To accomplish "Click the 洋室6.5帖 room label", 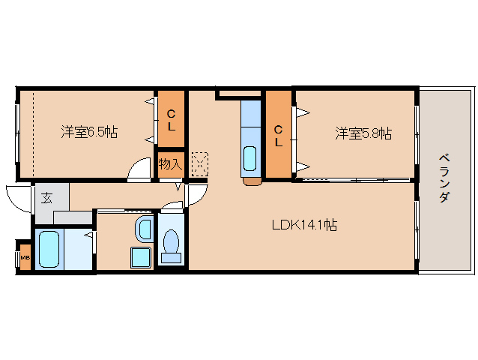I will pyautogui.click(x=88, y=133).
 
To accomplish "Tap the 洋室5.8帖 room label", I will pyautogui.click(x=363, y=133).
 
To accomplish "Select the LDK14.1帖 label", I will pyautogui.click(x=303, y=224).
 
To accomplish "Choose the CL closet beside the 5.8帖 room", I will pyautogui.click(x=278, y=135).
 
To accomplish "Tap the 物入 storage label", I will pyautogui.click(x=170, y=164).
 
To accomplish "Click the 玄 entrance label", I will pyautogui.click(x=46, y=198).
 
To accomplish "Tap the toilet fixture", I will pyautogui.click(x=171, y=244).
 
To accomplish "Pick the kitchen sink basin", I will pyautogui.click(x=250, y=159).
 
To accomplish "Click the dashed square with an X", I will pyautogui.click(x=200, y=162).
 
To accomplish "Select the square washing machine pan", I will pyautogui.click(x=142, y=256).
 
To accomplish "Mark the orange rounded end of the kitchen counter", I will pyautogui.click(x=252, y=181).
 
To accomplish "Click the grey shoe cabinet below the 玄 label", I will pyautogui.click(x=71, y=218).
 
